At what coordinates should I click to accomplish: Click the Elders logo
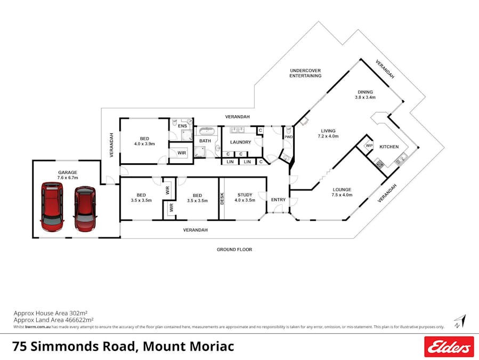(x=449, y=346)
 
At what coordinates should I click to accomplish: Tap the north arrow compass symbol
(x=459, y=322)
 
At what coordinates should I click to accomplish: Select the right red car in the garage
(x=85, y=209)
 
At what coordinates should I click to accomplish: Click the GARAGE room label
(x=68, y=172)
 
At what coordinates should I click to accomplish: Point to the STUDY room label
(x=245, y=195)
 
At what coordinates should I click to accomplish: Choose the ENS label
(x=182, y=126)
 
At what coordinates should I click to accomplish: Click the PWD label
(x=288, y=137)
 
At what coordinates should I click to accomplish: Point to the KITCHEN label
(x=388, y=147)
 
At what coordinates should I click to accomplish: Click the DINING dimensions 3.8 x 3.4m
(x=366, y=98)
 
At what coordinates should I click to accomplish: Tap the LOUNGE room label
(x=342, y=189)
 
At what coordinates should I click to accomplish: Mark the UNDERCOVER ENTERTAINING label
(x=305, y=73)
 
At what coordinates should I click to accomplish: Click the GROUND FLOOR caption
(x=234, y=249)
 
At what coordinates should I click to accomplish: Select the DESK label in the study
(x=222, y=199)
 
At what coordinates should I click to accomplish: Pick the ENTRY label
(x=278, y=199)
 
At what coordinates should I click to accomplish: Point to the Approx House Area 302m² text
(x=50, y=313)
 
